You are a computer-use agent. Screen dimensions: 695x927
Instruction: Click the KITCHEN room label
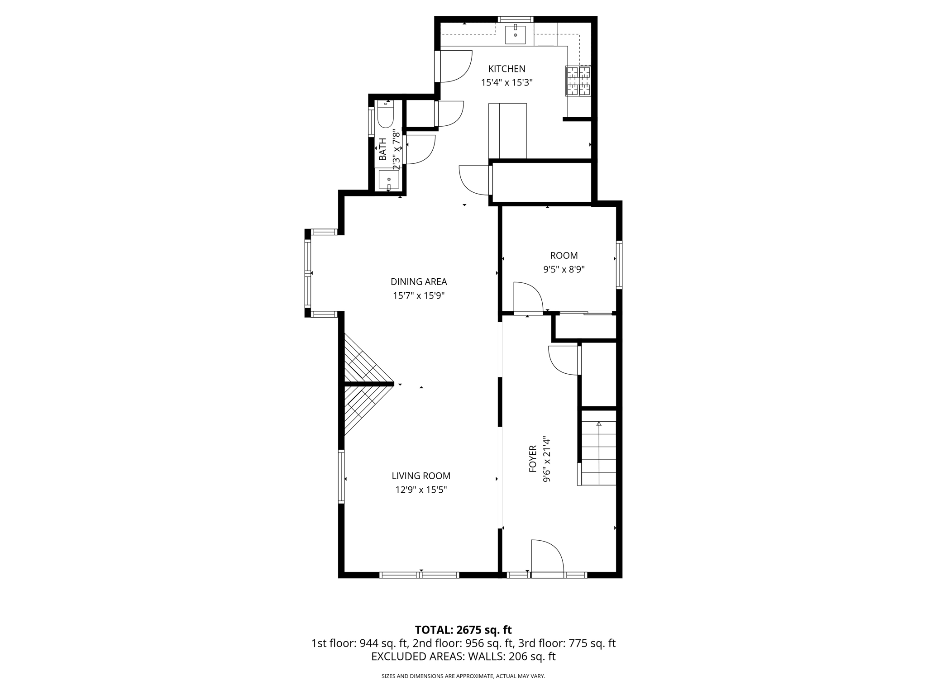tap(507, 69)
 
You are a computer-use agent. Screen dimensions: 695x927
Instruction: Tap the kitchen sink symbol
tap(515, 34)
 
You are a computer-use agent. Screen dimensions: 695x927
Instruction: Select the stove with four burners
tap(578, 81)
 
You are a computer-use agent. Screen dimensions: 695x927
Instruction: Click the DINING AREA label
tap(419, 281)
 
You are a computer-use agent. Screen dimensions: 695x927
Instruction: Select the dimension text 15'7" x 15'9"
tap(419, 295)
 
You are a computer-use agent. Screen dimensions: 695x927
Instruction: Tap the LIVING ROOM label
tap(421, 476)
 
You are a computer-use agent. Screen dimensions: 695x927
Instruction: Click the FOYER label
tap(533, 459)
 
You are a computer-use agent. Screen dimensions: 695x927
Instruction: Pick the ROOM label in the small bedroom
tap(564, 255)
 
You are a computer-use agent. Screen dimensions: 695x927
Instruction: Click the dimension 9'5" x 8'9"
tap(564, 269)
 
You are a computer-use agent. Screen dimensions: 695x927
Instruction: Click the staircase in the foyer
tap(598, 453)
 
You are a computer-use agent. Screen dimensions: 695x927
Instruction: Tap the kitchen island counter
tap(507, 131)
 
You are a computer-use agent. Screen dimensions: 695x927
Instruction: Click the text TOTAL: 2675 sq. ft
tap(463, 629)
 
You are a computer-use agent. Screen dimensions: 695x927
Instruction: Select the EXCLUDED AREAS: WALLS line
tap(463, 657)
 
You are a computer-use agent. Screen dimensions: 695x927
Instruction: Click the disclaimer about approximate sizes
tap(463, 676)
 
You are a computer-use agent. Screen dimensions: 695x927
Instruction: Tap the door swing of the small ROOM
tap(528, 297)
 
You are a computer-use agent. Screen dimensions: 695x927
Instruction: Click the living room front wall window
tap(419, 575)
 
